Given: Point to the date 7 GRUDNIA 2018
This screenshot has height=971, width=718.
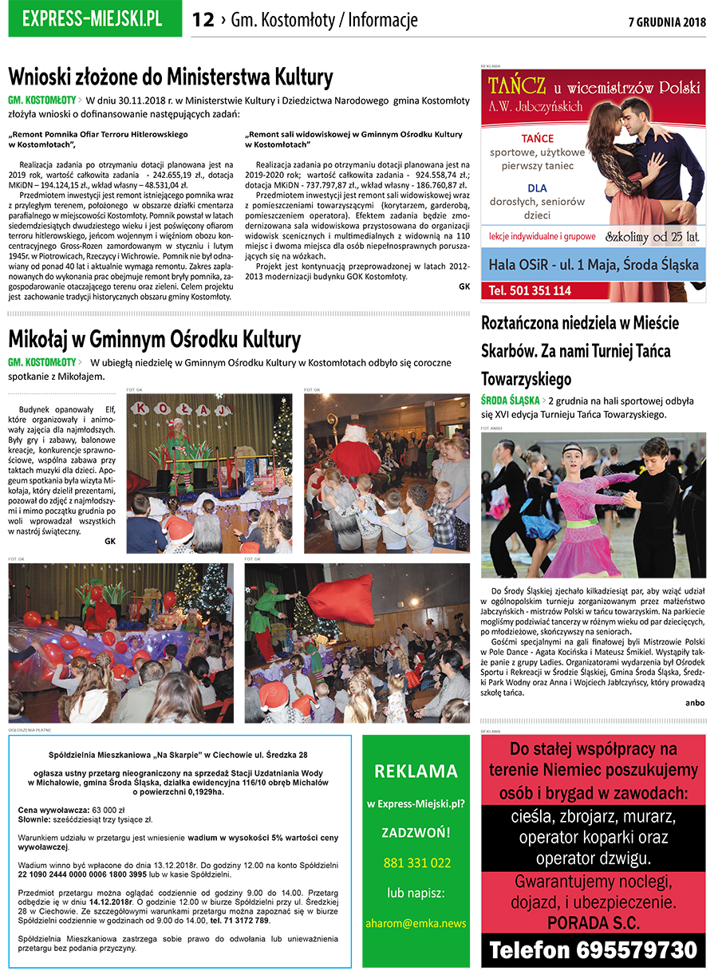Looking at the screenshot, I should click(667, 22).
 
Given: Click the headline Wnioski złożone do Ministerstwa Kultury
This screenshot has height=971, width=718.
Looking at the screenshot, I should click(170, 77).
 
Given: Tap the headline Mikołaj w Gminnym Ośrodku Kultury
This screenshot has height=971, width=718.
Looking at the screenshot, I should click(154, 339).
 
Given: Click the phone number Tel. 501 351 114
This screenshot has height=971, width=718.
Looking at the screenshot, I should click(531, 291).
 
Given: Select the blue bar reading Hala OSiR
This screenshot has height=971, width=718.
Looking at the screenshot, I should click(593, 264).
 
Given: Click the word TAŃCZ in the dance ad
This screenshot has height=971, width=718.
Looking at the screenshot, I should click(517, 85).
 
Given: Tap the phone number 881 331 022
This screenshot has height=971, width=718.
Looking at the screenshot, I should click(416, 862).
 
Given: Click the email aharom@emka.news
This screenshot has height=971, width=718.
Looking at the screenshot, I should click(416, 923).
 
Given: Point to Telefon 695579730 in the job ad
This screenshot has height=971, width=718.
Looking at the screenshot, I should click(593, 950).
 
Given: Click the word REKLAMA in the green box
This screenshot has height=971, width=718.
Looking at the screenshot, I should click(416, 771).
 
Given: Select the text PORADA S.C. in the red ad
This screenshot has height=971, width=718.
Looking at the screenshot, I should click(593, 922).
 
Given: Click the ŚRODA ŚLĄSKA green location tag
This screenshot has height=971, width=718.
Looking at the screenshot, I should click(509, 401).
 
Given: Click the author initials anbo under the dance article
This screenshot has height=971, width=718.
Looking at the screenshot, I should click(695, 702).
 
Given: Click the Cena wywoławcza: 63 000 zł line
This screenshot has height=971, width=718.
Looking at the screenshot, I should click(66, 810).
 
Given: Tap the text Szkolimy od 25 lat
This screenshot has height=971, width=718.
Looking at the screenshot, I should click(652, 236).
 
